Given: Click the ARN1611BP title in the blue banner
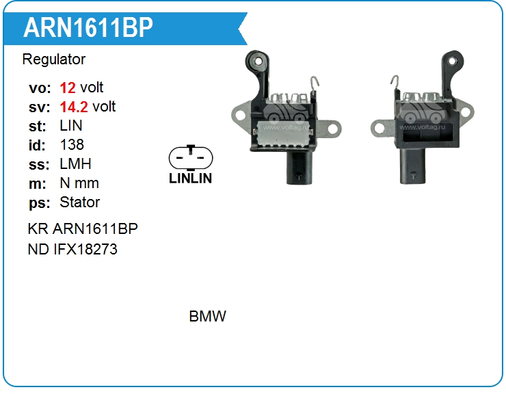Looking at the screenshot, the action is pyautogui.click(x=88, y=27).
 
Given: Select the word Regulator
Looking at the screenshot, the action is pyautogui.click(x=54, y=60).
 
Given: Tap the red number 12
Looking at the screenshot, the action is pyautogui.click(x=68, y=88).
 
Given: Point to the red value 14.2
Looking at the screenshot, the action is pyautogui.click(x=74, y=107).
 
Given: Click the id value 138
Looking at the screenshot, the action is pyautogui.click(x=72, y=145).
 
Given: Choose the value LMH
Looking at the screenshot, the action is pyautogui.click(x=75, y=164).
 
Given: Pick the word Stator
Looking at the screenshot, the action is pyautogui.click(x=80, y=202).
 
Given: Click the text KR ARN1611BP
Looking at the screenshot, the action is pyautogui.click(x=83, y=229).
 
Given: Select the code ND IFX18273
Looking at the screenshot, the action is pyautogui.click(x=72, y=250).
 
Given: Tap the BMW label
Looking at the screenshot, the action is pyautogui.click(x=207, y=317).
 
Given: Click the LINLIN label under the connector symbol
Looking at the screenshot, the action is pyautogui.click(x=190, y=179).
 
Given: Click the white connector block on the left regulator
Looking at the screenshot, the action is pyautogui.click(x=284, y=134).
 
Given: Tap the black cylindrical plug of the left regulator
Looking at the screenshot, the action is pyautogui.click(x=299, y=168).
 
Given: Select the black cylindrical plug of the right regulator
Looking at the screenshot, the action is pyautogui.click(x=412, y=166).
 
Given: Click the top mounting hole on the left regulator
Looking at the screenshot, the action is pyautogui.click(x=258, y=61).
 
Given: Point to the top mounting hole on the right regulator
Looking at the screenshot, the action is pyautogui.click(x=453, y=61).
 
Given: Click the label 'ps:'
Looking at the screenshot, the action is pyautogui.click(x=40, y=203).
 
